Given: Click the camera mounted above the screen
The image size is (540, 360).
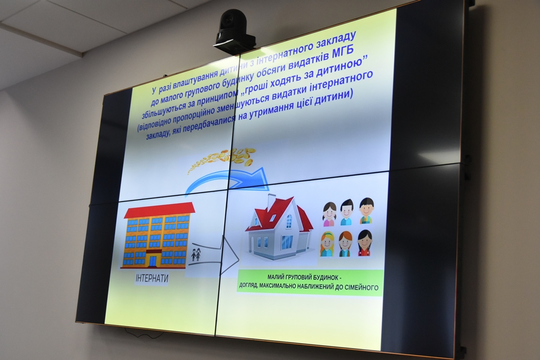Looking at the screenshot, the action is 235,32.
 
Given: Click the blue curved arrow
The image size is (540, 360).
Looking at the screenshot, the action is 228,181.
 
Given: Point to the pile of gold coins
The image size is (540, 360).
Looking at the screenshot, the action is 223,159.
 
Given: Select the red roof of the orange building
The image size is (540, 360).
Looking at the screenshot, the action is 159,210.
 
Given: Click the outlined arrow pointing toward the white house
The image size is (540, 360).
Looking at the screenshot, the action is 215,255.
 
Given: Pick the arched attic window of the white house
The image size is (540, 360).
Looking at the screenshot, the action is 288,218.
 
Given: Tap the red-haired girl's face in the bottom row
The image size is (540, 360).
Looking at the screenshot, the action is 345,243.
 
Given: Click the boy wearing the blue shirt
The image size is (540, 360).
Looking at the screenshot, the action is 346,212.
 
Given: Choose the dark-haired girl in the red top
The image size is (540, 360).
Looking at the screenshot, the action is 365,242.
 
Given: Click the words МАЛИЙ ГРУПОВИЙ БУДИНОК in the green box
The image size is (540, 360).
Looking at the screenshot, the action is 305,277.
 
